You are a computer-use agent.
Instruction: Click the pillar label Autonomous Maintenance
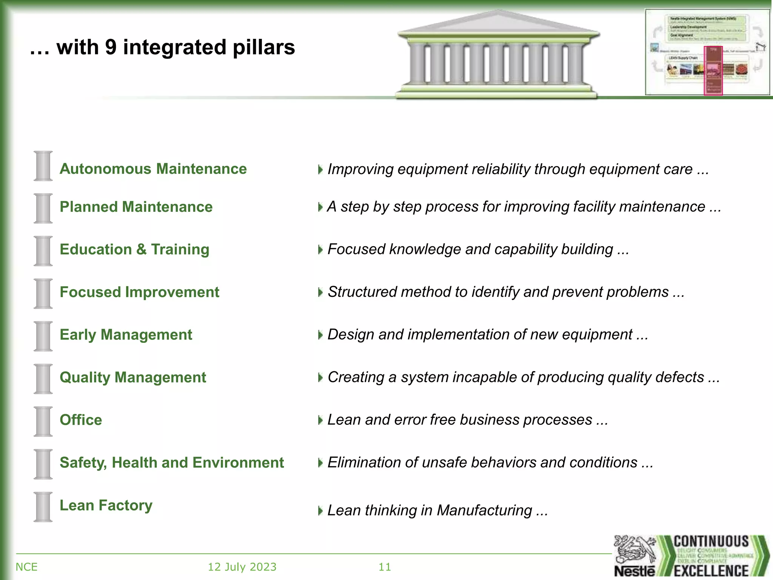pyautogui.click(x=153, y=169)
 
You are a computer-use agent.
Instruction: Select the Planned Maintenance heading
pyautogui.click(x=136, y=207)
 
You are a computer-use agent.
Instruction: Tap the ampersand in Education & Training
pyautogui.click(x=141, y=249)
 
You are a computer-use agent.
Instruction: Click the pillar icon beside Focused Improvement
pyautogui.click(x=43, y=293)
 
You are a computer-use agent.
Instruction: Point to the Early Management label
pyautogui.click(x=126, y=335)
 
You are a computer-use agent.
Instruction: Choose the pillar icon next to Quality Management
pyautogui.click(x=43, y=379)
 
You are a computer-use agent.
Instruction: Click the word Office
pyautogui.click(x=81, y=420)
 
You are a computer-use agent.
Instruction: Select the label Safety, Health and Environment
pyautogui.click(x=171, y=463)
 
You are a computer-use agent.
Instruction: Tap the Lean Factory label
pyautogui.click(x=106, y=505)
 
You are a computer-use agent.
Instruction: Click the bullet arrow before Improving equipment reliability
pyautogui.click(x=320, y=170)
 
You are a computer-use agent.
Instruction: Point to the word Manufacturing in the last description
pyautogui.click(x=484, y=511)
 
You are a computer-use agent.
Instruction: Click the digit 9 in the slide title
pyautogui.click(x=111, y=48)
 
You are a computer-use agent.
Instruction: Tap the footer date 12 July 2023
pyautogui.click(x=242, y=567)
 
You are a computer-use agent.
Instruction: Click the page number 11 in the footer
pyautogui.click(x=385, y=567)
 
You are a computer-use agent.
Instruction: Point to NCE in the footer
pyautogui.click(x=26, y=567)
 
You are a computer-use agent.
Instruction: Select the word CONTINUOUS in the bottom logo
pyautogui.click(x=711, y=541)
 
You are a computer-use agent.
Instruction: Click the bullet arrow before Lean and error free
pyautogui.click(x=320, y=420)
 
